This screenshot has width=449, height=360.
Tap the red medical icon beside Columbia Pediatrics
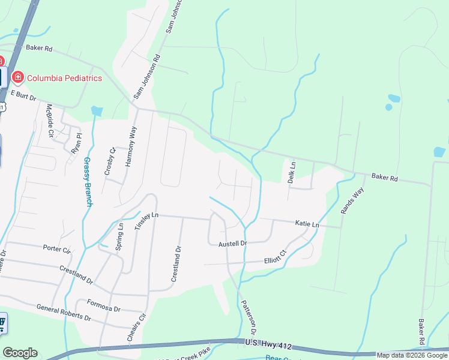point(17,77)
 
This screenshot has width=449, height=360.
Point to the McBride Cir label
point(50,121)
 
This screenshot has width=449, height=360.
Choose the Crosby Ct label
point(109,161)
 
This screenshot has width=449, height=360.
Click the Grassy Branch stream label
point(88,181)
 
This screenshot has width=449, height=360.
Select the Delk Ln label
point(292,172)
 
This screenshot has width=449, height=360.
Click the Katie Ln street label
point(307,224)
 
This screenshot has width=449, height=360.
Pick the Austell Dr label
point(232,244)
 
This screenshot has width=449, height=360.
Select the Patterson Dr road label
point(249,318)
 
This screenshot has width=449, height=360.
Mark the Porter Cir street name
point(57,248)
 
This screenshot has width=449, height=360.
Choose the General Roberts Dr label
point(64,312)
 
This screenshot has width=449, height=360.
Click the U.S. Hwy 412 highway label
point(268,343)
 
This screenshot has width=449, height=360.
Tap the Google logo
point(20,353)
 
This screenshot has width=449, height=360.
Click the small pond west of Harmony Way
point(96,111)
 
